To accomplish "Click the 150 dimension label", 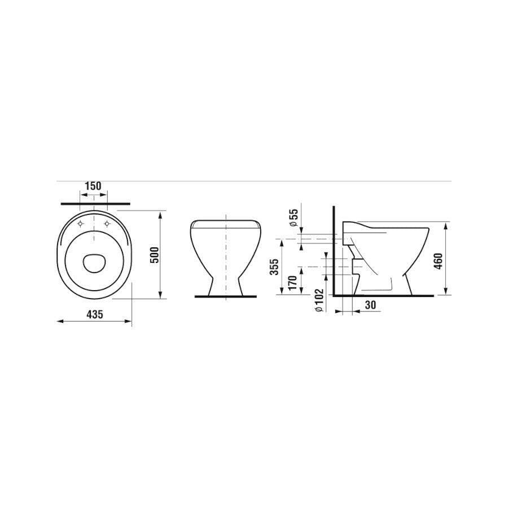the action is [93, 186].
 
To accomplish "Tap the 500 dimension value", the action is [155, 255].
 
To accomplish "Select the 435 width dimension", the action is [95, 314].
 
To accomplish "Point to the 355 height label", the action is [274, 266].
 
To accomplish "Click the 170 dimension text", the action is [292, 283].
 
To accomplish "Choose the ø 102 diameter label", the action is [319, 300].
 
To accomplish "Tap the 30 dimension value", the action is [370, 305].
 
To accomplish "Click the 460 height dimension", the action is [438, 261].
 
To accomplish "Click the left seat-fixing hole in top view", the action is [80, 224].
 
